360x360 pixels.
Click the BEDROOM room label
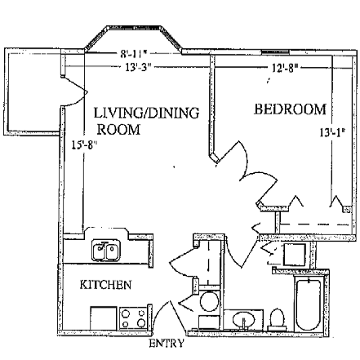pos(290,109)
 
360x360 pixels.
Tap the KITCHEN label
pos(105,285)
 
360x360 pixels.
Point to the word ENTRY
pos(167,344)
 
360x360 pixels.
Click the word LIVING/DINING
pos(146,113)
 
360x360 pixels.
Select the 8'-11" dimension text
pos(136,54)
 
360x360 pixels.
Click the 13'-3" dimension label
pos(138,67)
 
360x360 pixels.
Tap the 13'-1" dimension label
pos(332,133)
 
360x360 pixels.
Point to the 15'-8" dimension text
pos(84,145)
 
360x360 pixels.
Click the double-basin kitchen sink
pos(105,251)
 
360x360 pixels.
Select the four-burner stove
pos(133,318)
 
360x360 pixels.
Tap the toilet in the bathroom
pos(277,319)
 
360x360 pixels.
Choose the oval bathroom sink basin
pos(245,320)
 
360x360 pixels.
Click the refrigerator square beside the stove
pos(104,318)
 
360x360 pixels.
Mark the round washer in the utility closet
pos(209,301)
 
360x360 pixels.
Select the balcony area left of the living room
pos(33,91)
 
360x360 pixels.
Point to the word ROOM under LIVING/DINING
pos(118,130)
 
